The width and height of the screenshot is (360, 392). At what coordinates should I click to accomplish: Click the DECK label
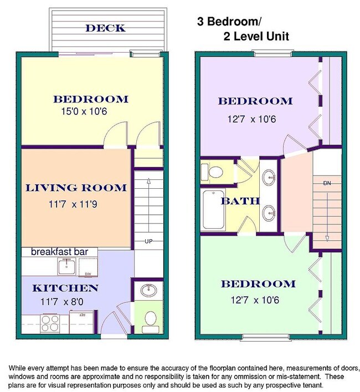tap(105, 28)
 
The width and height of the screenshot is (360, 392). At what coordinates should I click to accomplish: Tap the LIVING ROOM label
tap(76, 188)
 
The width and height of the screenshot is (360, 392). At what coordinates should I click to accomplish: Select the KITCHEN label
tap(65, 288)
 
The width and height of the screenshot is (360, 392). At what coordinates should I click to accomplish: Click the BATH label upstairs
tap(240, 201)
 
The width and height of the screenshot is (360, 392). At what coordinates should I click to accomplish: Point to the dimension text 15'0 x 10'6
tap(84, 111)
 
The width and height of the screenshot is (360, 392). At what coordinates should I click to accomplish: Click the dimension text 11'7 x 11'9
tap(73, 204)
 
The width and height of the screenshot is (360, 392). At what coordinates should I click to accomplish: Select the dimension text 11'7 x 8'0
tap(61, 302)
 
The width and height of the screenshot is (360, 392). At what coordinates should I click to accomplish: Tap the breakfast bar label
tap(59, 251)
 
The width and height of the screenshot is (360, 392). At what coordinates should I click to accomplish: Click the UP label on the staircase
tap(148, 241)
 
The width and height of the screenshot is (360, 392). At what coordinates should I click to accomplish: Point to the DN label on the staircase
tap(327, 183)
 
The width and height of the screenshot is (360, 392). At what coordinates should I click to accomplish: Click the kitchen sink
tap(66, 266)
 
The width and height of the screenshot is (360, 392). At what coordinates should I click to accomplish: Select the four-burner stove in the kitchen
tap(50, 323)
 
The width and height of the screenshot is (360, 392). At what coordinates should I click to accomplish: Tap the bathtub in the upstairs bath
tap(213, 209)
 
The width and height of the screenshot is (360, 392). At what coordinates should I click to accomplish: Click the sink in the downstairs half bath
tap(149, 290)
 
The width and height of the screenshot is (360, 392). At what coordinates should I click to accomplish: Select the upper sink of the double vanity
tap(269, 177)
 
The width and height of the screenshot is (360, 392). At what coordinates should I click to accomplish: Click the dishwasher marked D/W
tap(88, 267)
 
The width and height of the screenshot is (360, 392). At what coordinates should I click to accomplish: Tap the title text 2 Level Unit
tap(256, 37)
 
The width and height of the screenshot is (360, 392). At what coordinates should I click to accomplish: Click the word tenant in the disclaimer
tap(312, 385)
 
